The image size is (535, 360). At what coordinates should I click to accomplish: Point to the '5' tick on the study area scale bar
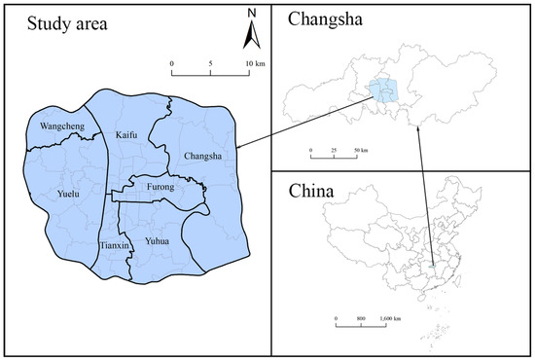point(211,63)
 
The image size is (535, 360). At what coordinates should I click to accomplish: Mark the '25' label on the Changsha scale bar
point(335,153)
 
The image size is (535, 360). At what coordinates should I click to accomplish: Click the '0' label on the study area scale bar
point(172,63)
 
